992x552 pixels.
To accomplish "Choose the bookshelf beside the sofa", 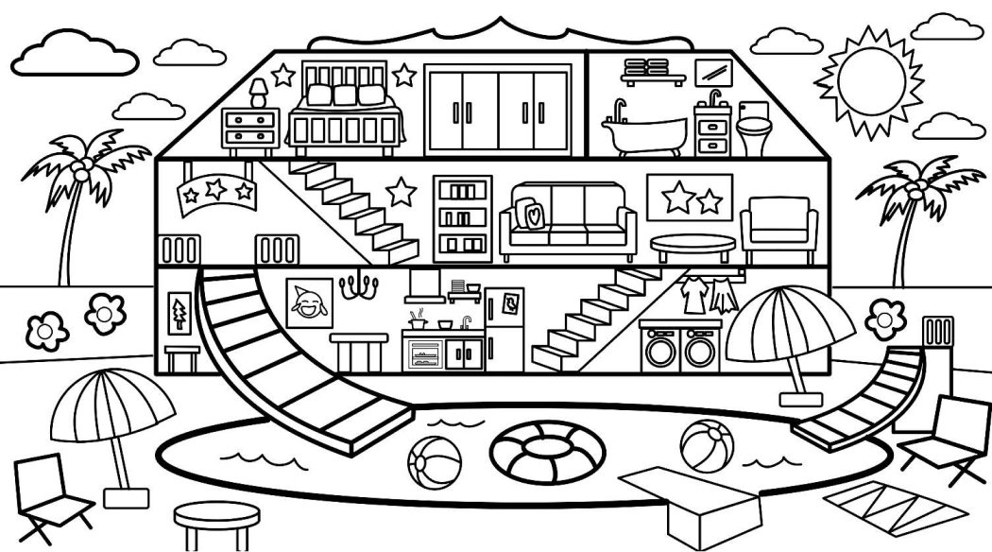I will click(463, 216).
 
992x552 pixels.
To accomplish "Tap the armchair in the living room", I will click(779, 231).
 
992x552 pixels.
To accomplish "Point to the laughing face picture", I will click(309, 303).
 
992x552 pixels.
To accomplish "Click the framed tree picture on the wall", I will click(177, 312).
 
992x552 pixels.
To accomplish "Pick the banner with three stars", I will click(218, 192).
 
